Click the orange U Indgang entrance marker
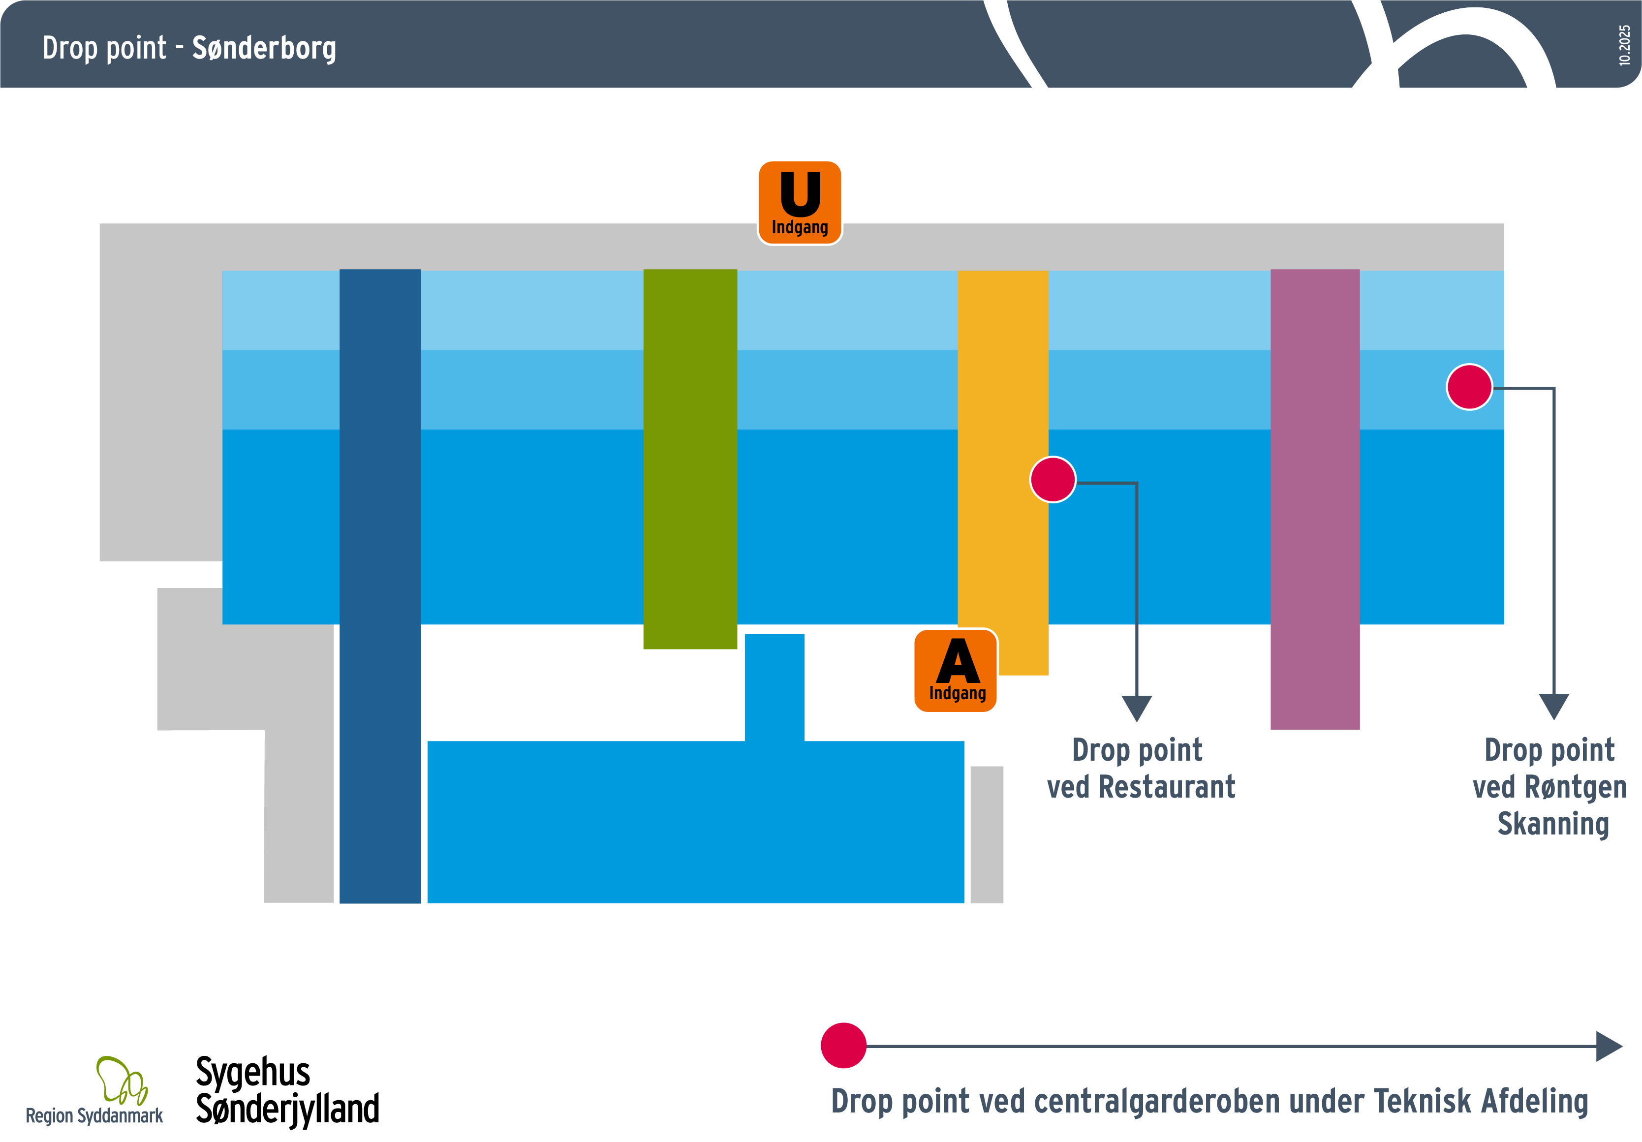800,202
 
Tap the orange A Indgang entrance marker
956,670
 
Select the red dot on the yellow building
1052,479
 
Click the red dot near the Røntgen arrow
1469,387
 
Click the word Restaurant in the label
1166,787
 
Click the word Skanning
1552,824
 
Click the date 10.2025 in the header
1624,45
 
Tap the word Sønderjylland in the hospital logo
287,1109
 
